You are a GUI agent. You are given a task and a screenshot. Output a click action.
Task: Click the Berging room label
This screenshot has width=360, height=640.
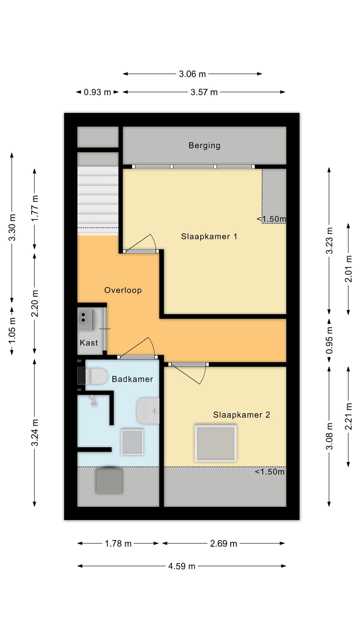[204, 146]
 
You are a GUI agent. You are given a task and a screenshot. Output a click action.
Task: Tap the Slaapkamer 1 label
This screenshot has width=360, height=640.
[209, 237]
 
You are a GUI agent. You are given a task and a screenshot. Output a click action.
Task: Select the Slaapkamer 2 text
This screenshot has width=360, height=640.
[241, 415]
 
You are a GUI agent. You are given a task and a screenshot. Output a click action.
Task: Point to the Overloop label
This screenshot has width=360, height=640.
[123, 290]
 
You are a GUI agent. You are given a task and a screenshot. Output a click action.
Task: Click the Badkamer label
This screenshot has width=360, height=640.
[132, 379]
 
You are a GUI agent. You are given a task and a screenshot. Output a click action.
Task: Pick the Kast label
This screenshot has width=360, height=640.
[89, 343]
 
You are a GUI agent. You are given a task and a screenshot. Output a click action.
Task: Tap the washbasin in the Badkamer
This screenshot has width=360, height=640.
[148, 411]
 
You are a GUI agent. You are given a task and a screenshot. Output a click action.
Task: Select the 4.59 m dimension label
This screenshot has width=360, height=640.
[182, 566]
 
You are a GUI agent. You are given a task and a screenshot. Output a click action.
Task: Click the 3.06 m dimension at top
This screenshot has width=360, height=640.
[192, 74]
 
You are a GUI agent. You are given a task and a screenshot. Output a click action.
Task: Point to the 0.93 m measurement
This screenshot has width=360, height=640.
[97, 92]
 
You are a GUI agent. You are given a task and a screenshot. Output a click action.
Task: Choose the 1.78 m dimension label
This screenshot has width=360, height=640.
[118, 544]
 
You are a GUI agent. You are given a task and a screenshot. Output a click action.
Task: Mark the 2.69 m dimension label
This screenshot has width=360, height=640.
[223, 544]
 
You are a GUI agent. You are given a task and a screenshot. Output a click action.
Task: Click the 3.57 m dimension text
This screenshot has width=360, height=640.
[204, 92]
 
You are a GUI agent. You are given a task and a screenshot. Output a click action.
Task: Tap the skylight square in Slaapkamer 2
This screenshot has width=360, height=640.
[215, 443]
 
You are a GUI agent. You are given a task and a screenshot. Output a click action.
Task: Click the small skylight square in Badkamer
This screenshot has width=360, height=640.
[132, 442]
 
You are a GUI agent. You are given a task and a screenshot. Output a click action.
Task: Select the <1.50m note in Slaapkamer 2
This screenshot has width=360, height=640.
[270, 472]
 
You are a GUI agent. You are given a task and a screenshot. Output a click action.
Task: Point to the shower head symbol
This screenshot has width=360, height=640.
[93, 401]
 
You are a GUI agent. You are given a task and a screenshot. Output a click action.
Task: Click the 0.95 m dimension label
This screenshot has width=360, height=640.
[330, 341]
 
